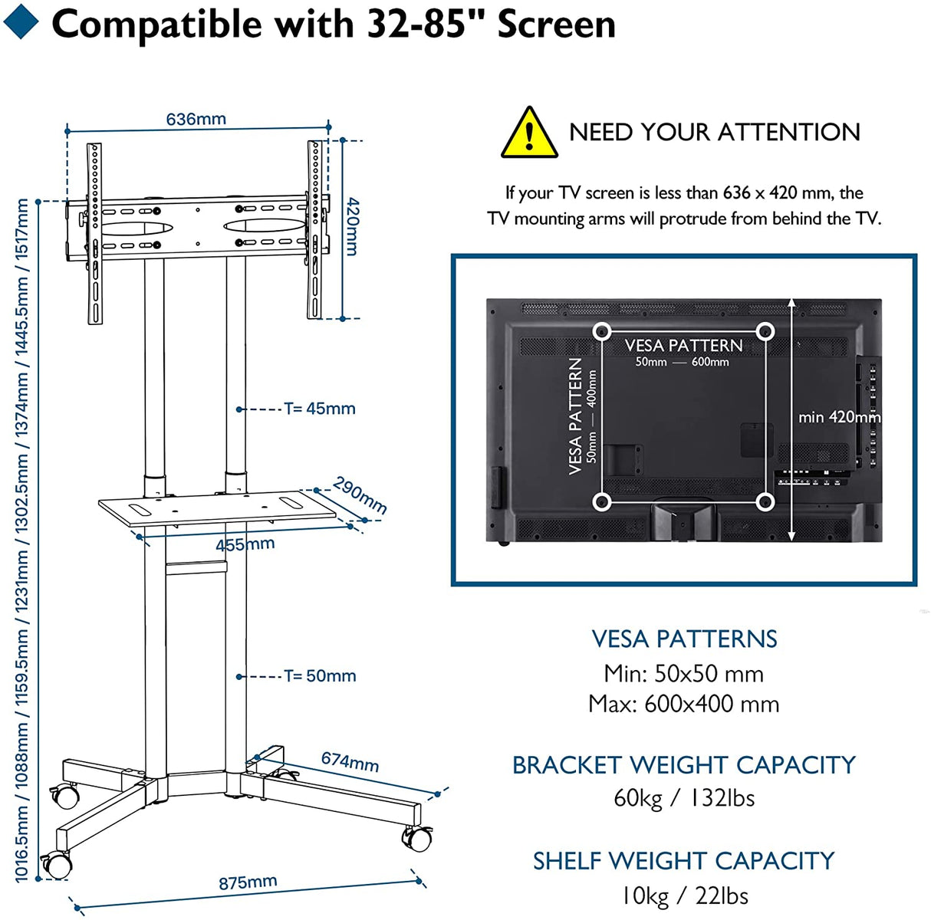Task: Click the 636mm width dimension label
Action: [196, 119]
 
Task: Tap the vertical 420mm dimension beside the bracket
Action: [351, 226]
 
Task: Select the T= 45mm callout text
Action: [320, 409]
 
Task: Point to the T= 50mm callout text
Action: [320, 676]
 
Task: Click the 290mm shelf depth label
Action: [360, 495]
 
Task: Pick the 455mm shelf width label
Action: [245, 545]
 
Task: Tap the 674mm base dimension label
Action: [350, 761]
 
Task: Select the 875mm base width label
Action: [247, 882]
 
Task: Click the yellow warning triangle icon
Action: [528, 133]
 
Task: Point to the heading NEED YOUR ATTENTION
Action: [714, 132]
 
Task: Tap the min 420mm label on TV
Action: [839, 418]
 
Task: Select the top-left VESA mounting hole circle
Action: [602, 331]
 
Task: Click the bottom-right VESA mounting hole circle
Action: [765, 502]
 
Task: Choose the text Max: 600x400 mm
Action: [683, 704]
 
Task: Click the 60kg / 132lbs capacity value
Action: [683, 798]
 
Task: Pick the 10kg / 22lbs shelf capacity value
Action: [683, 895]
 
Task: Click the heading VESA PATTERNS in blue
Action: [683, 639]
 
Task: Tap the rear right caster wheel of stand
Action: [418, 838]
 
